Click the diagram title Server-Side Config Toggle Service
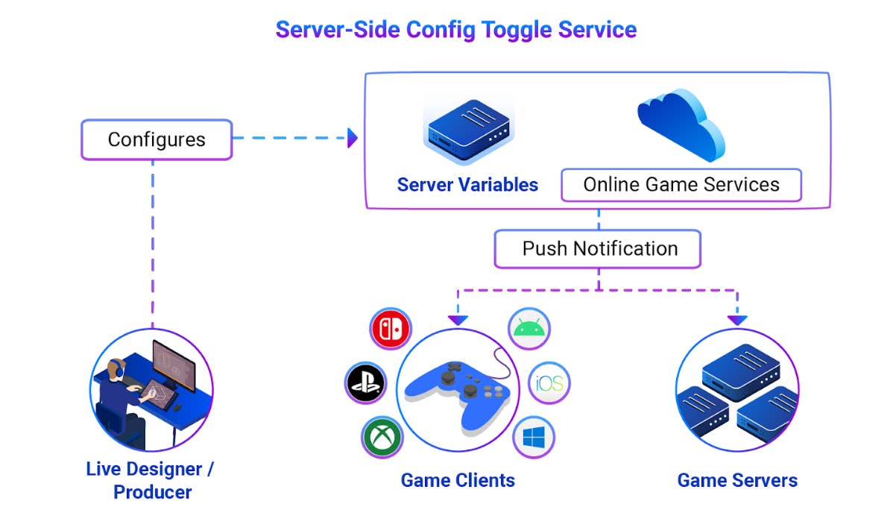point(455,30)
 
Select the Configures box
point(157,139)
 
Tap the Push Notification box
point(599,248)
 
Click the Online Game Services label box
point(681,185)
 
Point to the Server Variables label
point(467,185)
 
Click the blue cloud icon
point(681,123)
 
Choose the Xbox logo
point(382,437)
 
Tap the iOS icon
point(549,384)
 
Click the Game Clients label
point(458,480)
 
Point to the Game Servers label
point(737,480)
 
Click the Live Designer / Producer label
point(152,480)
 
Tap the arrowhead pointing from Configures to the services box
point(353,138)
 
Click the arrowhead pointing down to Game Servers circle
point(737,320)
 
